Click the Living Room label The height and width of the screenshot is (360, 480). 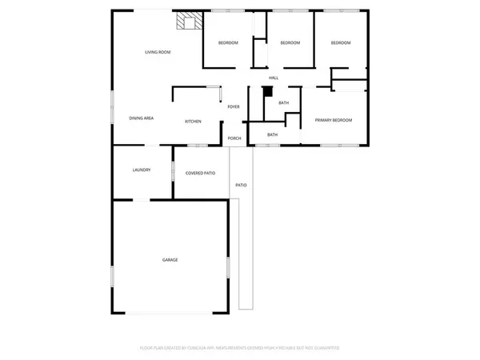click(158, 52)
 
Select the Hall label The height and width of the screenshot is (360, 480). click(274, 78)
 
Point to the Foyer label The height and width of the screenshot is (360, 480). click(234, 106)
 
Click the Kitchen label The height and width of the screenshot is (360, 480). click(193, 122)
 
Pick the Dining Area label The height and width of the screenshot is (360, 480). click(142, 118)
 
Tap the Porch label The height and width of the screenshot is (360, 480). click(234, 138)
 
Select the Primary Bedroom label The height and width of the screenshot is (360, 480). click(334, 120)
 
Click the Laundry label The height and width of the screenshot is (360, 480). click(142, 170)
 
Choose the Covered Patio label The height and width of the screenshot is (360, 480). click(200, 173)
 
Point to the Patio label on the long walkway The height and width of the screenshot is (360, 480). click(241, 186)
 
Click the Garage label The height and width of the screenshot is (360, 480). click(170, 260)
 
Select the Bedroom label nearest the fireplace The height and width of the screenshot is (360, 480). click(228, 42)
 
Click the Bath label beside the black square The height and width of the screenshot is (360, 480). click(283, 103)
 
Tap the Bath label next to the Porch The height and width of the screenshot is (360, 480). click(272, 134)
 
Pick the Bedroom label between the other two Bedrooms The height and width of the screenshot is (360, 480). click(290, 42)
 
